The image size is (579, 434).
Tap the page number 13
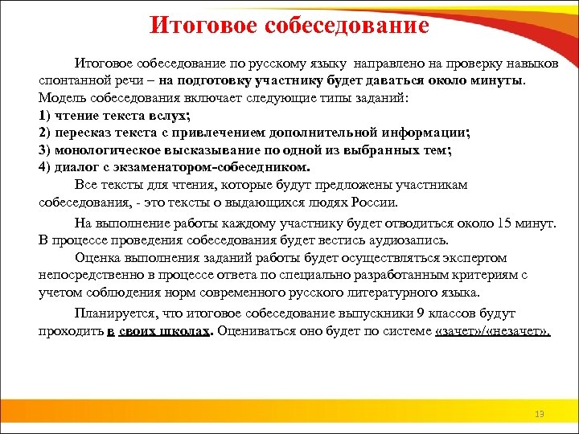(x=539, y=414)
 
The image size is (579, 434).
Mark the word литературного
(x=373, y=293)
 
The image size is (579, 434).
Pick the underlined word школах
(x=185, y=331)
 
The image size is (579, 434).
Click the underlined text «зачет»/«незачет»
(x=492, y=331)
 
